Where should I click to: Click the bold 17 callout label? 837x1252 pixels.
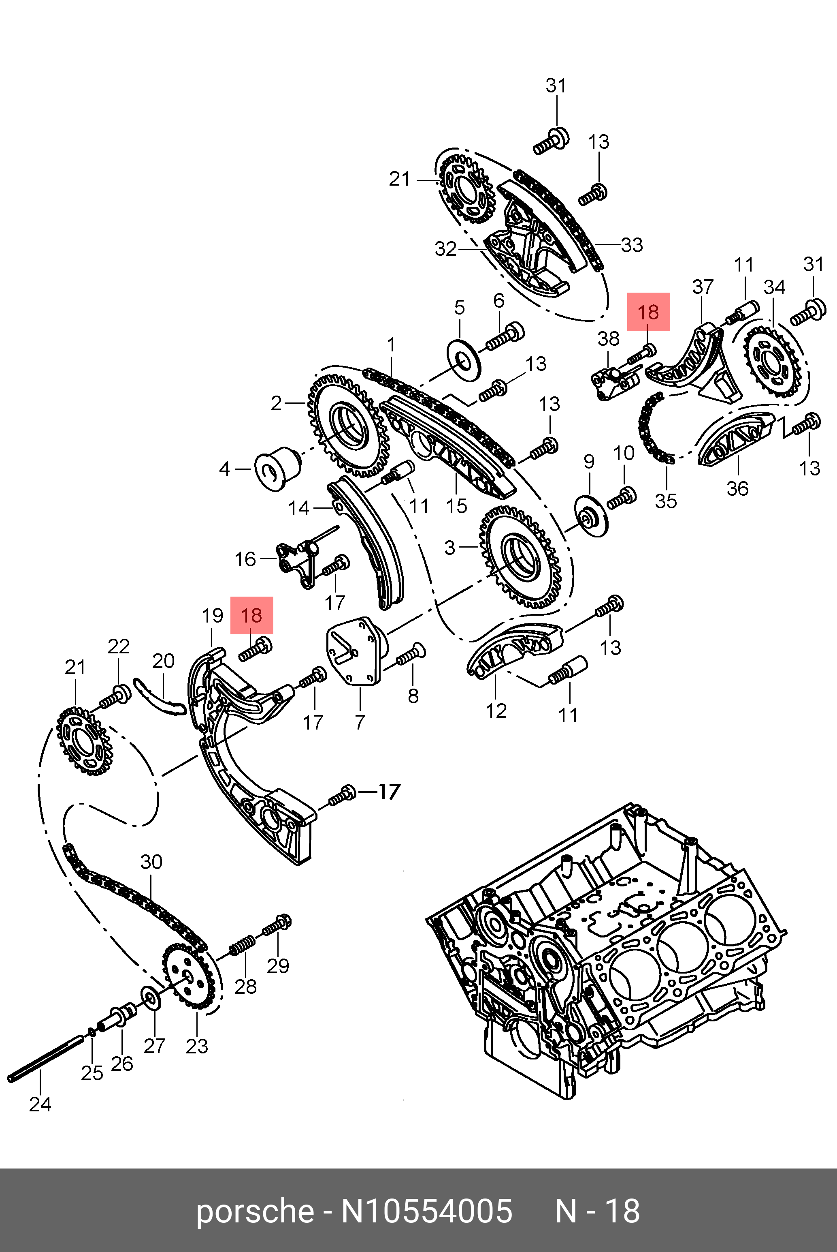(x=389, y=791)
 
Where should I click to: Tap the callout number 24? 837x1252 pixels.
(x=40, y=1104)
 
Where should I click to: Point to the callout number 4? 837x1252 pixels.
(x=225, y=469)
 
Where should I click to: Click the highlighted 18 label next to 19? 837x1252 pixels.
(x=251, y=615)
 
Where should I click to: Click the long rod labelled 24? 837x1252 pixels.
(x=45, y=1059)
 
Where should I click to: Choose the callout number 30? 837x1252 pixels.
(x=151, y=862)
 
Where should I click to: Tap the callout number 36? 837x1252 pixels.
(x=737, y=488)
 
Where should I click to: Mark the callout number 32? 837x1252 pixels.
(x=446, y=249)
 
